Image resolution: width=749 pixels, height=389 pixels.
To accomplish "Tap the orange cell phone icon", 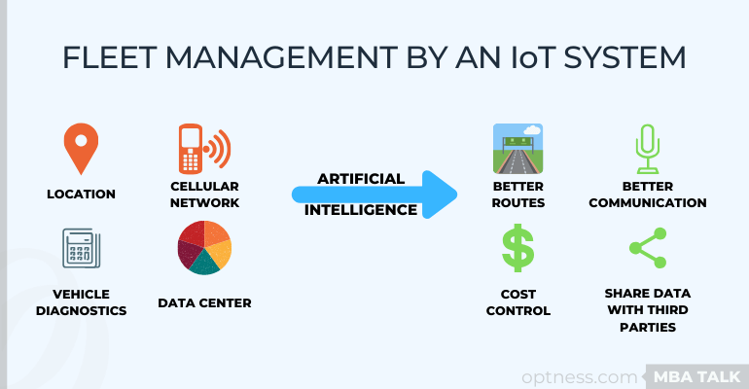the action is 204,149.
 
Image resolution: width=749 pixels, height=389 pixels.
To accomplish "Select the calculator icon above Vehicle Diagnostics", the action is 81,248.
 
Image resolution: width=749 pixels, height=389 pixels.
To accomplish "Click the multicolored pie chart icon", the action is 204,247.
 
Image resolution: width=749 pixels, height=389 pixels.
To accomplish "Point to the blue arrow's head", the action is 440,194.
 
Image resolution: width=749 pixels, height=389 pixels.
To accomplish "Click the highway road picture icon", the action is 517,149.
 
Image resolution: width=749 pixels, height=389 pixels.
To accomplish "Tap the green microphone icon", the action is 648,149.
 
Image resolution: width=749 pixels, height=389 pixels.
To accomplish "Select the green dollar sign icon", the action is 517,248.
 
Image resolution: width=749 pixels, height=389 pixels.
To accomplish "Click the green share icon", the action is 648,248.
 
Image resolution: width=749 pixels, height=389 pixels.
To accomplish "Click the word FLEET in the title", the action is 110,57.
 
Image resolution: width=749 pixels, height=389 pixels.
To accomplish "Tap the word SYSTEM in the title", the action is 624,57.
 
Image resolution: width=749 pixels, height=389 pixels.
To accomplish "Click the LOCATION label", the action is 81,194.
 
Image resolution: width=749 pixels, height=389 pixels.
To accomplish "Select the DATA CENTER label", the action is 204,303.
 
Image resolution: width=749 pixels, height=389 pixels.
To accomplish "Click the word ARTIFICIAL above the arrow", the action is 361,179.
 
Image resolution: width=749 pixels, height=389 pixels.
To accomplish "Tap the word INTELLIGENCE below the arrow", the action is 361,210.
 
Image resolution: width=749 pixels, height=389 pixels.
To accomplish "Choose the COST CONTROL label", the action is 518,302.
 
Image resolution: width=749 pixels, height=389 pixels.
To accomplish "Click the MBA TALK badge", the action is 696,377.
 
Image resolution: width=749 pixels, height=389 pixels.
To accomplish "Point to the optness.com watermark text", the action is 580,377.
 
